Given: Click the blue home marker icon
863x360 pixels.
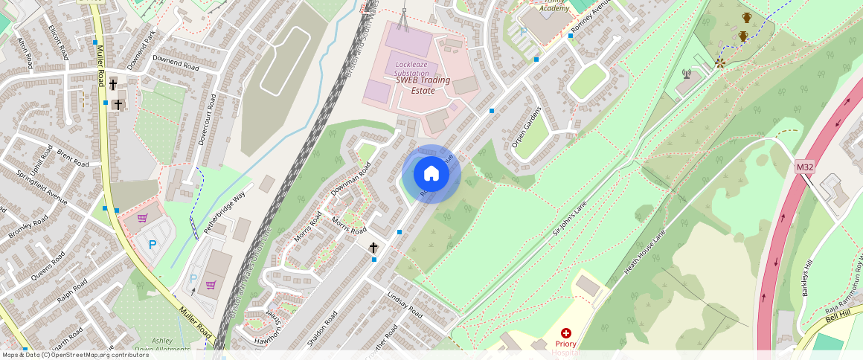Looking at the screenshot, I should (431, 174).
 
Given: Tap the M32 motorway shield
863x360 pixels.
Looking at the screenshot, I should (805, 167).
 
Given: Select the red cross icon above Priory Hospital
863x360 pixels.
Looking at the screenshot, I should (566, 332).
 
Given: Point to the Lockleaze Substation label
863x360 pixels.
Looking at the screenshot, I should (412, 69).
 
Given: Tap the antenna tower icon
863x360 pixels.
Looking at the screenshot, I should (687, 74).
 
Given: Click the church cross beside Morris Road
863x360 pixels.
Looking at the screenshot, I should (373, 248).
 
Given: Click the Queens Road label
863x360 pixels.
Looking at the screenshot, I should (48, 266).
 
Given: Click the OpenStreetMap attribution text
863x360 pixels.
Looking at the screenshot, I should (75, 355).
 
